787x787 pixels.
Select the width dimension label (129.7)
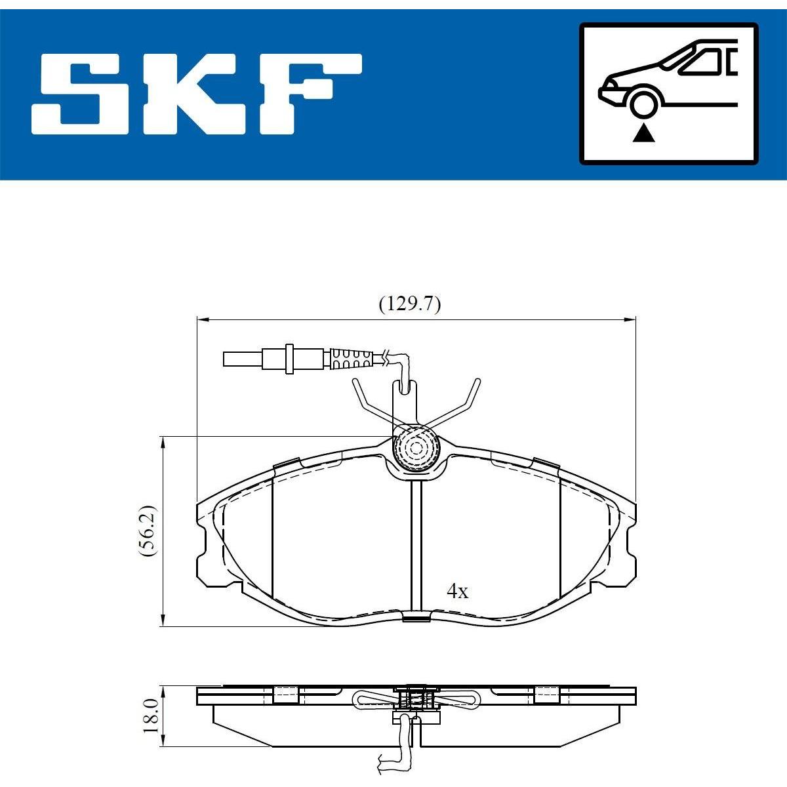coord(410,305)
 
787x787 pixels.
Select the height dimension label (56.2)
coord(148,531)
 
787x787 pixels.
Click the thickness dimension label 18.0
coord(151,715)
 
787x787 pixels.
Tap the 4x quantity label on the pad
coord(457,592)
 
